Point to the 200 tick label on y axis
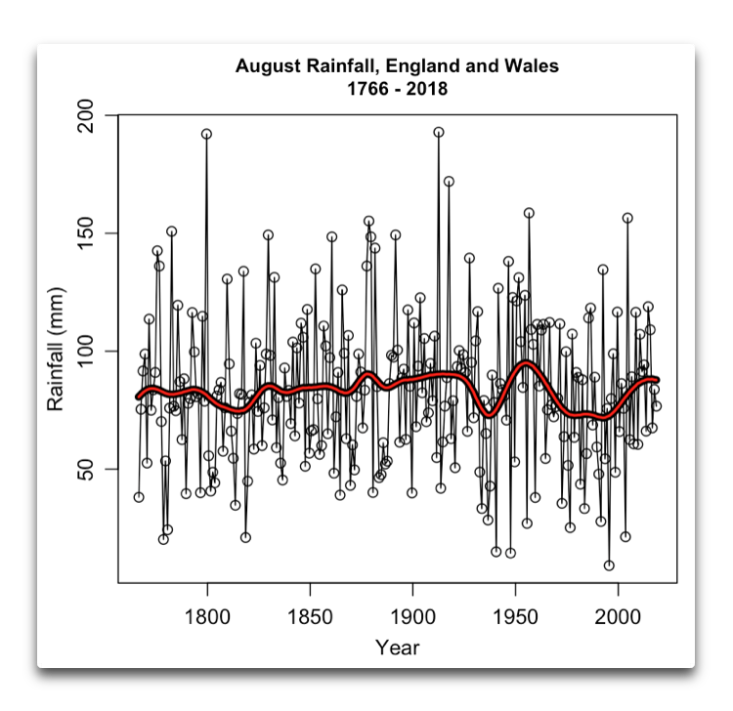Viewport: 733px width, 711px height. (x=88, y=115)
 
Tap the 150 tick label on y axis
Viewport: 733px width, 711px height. (x=88, y=233)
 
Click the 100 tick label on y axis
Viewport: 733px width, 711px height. (x=88, y=352)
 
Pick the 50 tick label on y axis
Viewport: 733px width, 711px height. (x=88, y=469)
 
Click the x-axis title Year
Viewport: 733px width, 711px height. (x=397, y=647)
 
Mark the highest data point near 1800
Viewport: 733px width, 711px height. (x=206, y=134)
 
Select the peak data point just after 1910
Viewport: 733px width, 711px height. (x=439, y=132)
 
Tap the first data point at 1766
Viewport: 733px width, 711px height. (x=139, y=497)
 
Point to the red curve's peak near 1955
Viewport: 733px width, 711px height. (x=526, y=363)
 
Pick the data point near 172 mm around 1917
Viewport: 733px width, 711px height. (x=449, y=182)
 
